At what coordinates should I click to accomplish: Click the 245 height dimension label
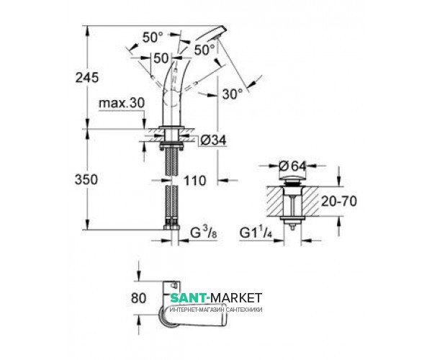[87, 78]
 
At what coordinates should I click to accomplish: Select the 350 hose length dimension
[86, 179]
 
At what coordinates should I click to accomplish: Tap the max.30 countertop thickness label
[122, 103]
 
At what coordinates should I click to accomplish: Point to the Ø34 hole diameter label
[213, 140]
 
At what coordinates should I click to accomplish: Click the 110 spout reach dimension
[195, 181]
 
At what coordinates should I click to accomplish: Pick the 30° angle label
[233, 94]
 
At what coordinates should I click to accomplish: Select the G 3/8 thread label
[204, 233]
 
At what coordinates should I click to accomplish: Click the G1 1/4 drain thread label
[256, 233]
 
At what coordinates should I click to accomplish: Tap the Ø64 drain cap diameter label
[292, 166]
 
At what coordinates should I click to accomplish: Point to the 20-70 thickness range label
[339, 202]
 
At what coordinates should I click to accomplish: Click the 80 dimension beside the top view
[138, 298]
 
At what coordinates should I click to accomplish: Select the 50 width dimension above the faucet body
[161, 58]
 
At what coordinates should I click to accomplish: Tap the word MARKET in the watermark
[236, 298]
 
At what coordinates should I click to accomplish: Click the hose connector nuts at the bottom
[171, 225]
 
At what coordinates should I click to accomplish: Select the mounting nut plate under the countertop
[171, 145]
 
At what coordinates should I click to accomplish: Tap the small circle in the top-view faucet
[174, 285]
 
